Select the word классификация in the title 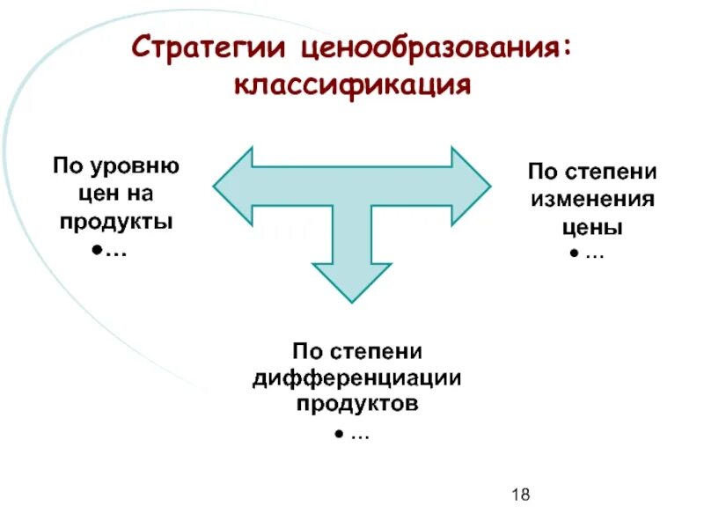click(352, 85)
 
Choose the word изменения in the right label click(592, 198)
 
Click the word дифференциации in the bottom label click(357, 378)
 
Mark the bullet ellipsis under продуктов click(352, 436)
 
